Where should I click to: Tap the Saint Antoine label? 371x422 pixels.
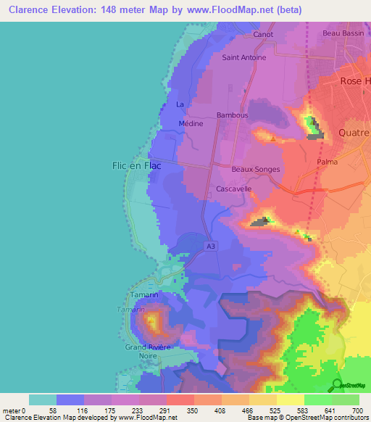(x=244, y=57)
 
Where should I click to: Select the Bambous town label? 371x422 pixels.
(x=233, y=115)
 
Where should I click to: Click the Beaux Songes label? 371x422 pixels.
(x=255, y=169)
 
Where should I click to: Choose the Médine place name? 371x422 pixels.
(x=191, y=124)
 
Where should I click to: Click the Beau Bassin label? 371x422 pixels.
(x=341, y=33)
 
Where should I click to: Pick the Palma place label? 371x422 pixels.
(x=327, y=162)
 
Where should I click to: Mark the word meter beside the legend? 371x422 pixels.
(x=12, y=410)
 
